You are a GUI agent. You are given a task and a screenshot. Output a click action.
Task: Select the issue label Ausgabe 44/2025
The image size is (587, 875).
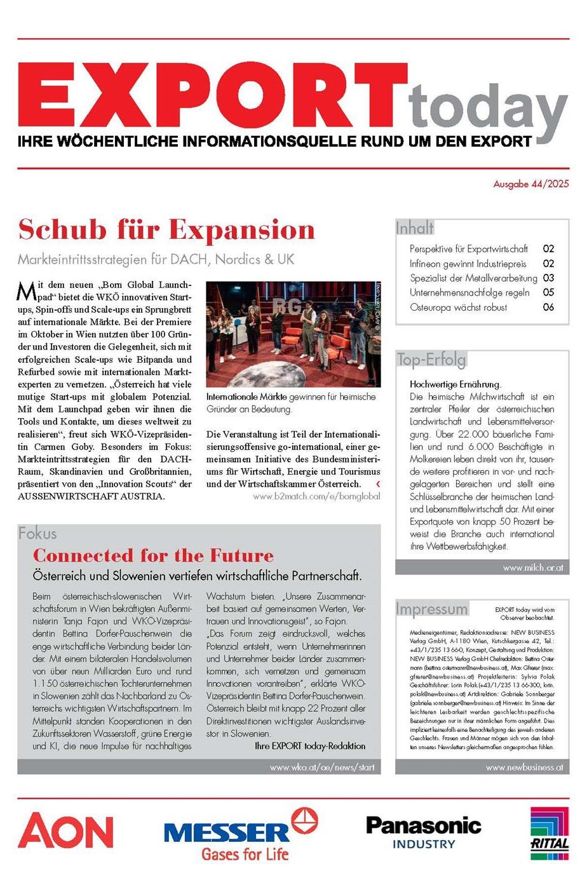coord(531,184)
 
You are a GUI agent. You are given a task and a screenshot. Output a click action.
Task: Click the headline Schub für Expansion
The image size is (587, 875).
coord(166,229)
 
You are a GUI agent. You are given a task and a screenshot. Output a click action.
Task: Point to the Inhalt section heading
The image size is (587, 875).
coord(415,227)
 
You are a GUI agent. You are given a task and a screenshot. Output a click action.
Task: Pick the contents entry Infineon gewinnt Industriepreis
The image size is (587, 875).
coord(468,263)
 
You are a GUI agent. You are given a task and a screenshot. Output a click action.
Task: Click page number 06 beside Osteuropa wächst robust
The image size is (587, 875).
coord(548,307)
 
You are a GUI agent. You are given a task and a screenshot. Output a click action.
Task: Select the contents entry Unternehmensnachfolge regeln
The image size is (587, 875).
coord(469,292)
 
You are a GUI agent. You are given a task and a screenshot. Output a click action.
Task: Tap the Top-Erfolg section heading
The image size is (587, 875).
coord(431,360)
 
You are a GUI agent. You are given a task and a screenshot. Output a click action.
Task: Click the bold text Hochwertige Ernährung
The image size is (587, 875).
coord(455,384)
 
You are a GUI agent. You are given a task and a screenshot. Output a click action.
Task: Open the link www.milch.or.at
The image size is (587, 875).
coord(532,567)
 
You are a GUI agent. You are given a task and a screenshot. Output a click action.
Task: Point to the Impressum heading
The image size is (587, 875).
coord(431,609)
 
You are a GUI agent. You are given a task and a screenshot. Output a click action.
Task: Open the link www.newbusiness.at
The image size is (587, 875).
coord(524,767)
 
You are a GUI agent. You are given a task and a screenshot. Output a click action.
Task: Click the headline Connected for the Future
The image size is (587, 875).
coord(154,555)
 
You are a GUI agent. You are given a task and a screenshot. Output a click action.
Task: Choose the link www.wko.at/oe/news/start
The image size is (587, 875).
coord(322,767)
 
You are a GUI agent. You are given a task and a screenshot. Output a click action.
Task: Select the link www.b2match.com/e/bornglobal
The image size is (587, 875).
coord(316,496)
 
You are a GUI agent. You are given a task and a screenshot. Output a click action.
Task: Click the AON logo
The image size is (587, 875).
coord(65,831)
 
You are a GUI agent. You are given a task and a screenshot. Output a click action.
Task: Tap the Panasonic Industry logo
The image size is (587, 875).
coord(424,832)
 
